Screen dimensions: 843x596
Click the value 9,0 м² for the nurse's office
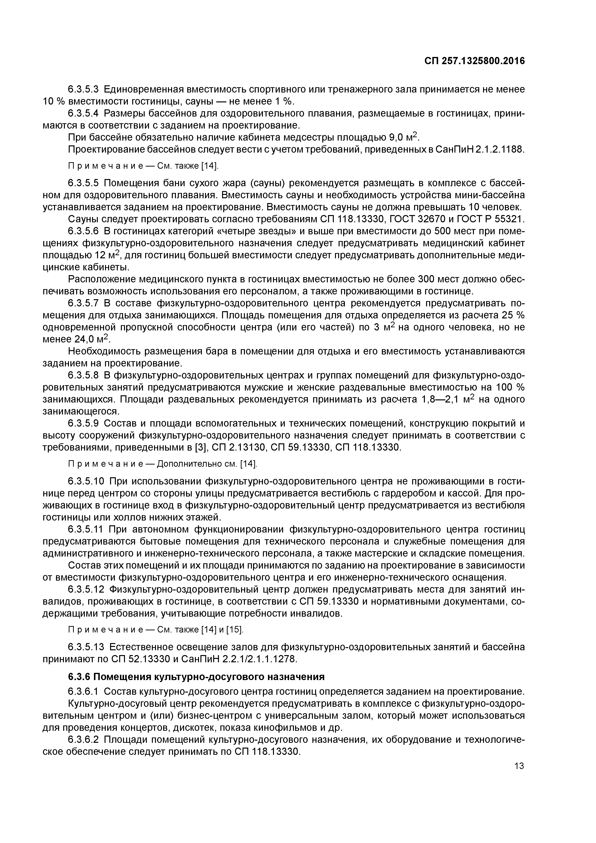coord(404,138)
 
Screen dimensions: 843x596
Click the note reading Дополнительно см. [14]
coord(207,464)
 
